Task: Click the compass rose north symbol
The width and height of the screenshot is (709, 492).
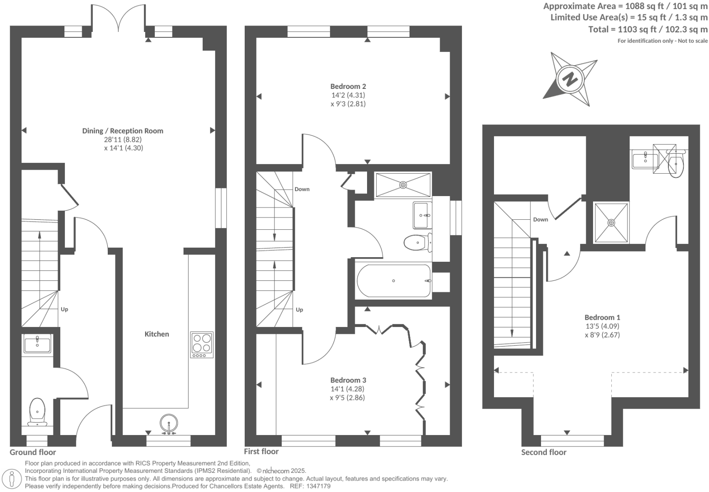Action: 570,79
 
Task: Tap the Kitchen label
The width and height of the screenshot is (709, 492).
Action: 157,334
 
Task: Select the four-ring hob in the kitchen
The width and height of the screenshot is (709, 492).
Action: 202,345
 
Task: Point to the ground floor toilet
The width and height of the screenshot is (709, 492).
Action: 37,410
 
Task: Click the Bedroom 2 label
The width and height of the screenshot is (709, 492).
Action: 348,86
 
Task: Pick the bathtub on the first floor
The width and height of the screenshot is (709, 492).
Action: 394,281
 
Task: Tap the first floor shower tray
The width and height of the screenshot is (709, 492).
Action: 403,185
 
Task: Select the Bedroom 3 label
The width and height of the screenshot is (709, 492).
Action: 348,380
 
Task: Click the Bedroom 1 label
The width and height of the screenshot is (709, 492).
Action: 602,317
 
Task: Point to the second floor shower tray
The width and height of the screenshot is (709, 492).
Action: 611,223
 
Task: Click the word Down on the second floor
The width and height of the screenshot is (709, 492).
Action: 541,219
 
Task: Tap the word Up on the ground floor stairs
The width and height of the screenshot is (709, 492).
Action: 64,309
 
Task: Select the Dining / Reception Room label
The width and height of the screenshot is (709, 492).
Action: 122,131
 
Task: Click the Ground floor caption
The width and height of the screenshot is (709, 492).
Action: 33,452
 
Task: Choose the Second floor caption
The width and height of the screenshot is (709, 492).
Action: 544,452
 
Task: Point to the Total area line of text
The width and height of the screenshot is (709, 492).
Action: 648,30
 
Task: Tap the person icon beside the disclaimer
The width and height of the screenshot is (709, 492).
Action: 12,479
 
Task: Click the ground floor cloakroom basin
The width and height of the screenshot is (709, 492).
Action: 37,344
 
